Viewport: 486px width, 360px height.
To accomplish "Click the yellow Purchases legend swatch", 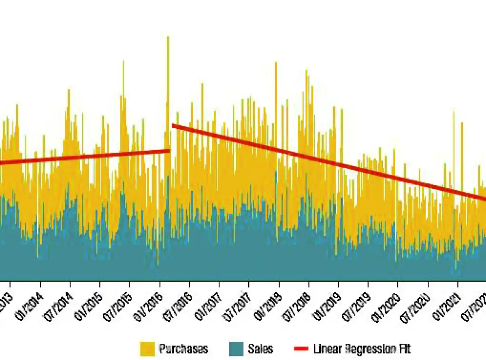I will [x=147, y=349].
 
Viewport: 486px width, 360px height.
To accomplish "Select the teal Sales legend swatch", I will [x=236, y=349].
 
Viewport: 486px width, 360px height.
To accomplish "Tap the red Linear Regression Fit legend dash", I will [x=301, y=349].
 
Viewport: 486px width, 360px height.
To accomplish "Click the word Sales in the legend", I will [x=261, y=349].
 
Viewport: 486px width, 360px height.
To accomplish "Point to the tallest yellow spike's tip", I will [x=168, y=37].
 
